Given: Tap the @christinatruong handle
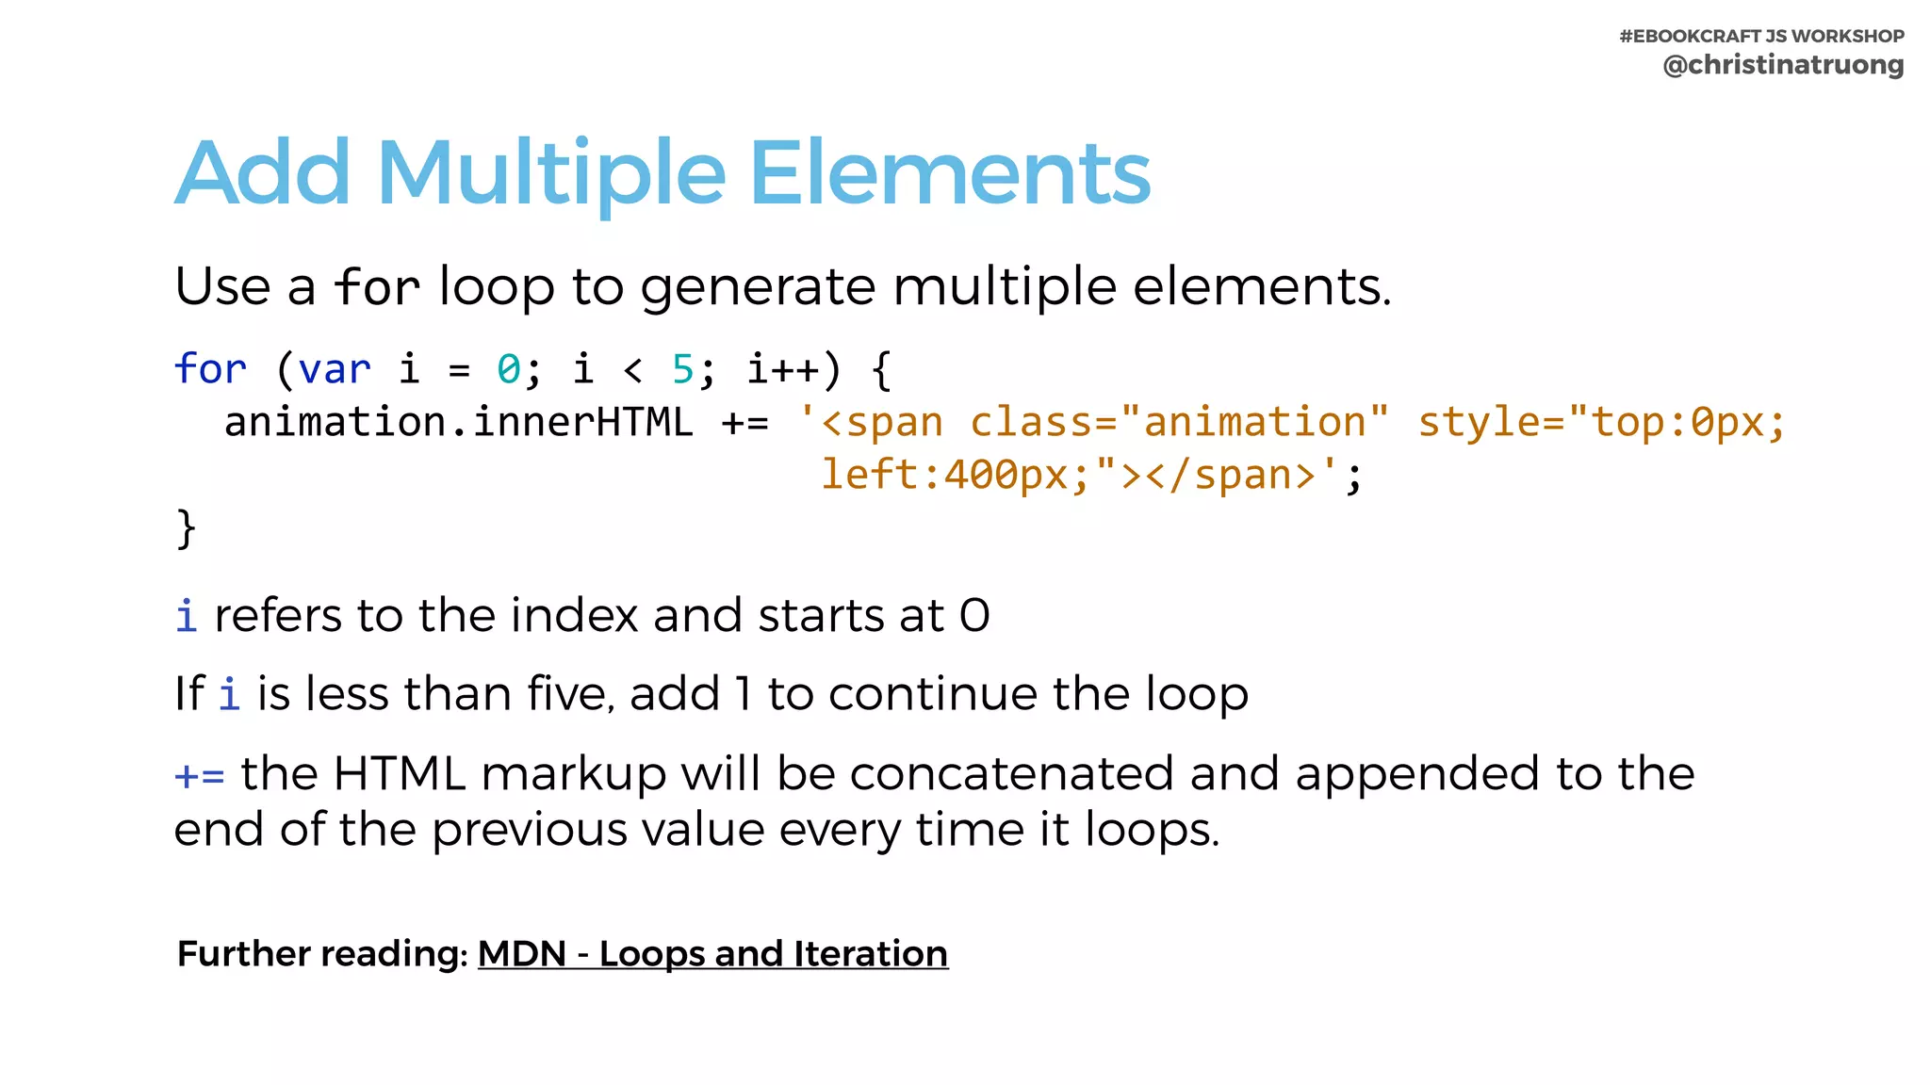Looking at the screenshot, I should (1783, 65).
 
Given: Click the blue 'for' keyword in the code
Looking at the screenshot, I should (210, 368).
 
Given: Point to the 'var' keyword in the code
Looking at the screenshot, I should (335, 368).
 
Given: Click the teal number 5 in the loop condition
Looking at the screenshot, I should (682, 368).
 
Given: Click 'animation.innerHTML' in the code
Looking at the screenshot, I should (458, 422).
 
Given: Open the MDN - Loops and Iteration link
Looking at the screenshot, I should (712, 954).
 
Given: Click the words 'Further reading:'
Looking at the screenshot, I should (322, 954).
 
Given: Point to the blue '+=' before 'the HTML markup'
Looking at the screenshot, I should (200, 776).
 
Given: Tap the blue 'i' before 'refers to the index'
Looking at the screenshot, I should (186, 616).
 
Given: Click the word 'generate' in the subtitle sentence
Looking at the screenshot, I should (758, 286).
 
